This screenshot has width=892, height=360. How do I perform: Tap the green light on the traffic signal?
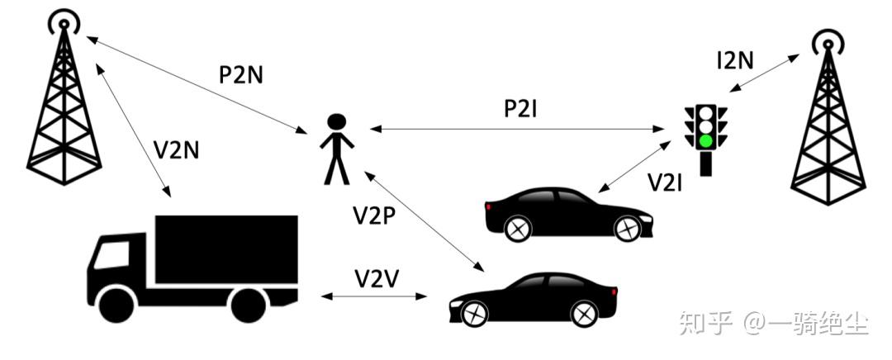click(x=705, y=140)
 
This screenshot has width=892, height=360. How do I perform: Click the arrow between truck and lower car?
click(x=377, y=296)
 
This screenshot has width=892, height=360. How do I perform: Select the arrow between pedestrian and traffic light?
click(x=520, y=129)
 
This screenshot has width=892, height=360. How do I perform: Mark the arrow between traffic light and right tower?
click(x=764, y=75)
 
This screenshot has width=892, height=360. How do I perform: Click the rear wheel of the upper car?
click(x=518, y=228)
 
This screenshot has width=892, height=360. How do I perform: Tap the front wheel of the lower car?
click(x=584, y=313)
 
